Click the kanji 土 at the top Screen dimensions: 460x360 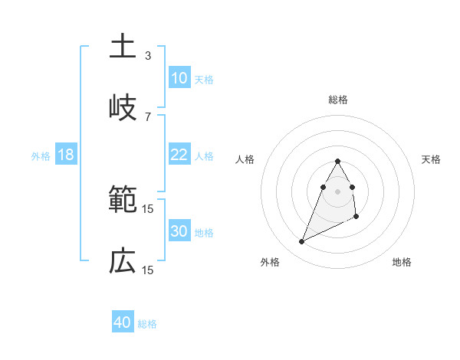[x=122, y=46]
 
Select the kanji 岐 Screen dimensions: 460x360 [x=122, y=107]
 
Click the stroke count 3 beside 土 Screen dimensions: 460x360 [x=148, y=55]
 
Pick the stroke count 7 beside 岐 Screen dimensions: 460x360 [x=148, y=116]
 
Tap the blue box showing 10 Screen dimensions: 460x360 [x=179, y=77]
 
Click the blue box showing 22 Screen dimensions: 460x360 [x=179, y=155]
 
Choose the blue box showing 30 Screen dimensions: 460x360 [x=179, y=231]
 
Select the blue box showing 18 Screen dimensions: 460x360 [x=66, y=155]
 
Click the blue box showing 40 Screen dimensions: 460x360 [x=123, y=322]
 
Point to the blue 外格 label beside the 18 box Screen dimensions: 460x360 [x=41, y=155]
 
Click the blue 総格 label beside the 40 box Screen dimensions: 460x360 [x=147, y=324]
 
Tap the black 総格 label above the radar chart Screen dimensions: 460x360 [x=338, y=100]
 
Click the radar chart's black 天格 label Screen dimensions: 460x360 [x=432, y=159]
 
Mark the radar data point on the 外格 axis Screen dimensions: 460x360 [x=301, y=242]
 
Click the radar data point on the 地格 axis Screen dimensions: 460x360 [x=357, y=217]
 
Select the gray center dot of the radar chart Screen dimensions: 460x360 [x=338, y=191]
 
